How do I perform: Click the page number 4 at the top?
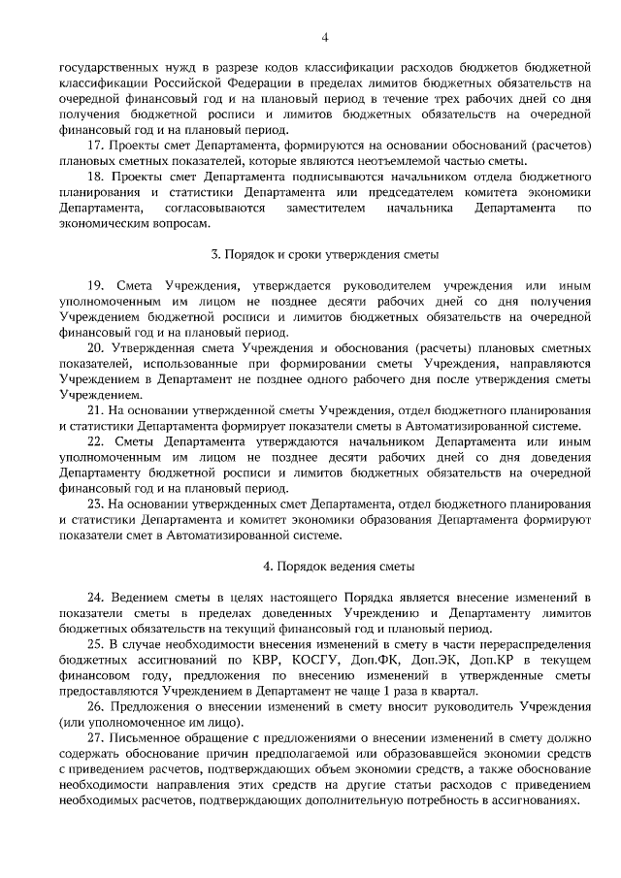coord(325,37)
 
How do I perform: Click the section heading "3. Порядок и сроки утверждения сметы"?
coord(325,255)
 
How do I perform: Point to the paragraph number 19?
coord(94,287)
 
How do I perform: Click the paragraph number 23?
coord(94,504)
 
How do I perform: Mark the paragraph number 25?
coord(94,644)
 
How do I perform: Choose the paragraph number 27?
coord(94,739)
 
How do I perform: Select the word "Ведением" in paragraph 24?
coord(142,598)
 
